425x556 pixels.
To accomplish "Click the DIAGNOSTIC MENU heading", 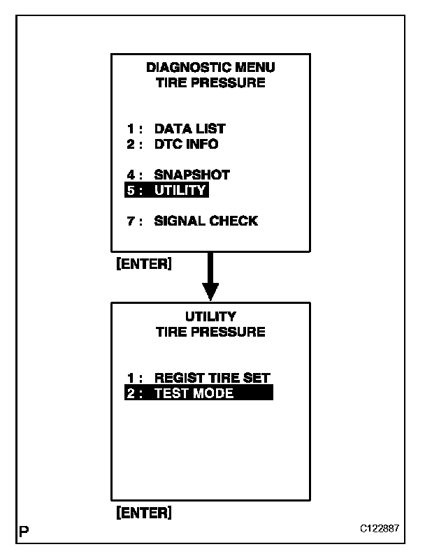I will pyautogui.click(x=210, y=68).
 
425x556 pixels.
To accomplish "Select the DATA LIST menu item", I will pyautogui.click(x=189, y=129).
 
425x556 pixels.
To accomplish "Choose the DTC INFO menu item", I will pyautogui.click(x=186, y=145).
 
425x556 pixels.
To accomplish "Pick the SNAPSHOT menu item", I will pyautogui.click(x=192, y=175).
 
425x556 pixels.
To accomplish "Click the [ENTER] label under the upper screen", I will pyautogui.click(x=143, y=265).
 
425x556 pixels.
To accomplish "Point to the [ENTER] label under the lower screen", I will pyautogui.click(x=143, y=513).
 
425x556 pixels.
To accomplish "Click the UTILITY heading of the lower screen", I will pyautogui.click(x=210, y=316).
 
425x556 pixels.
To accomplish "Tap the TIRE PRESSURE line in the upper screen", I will pyautogui.click(x=210, y=83).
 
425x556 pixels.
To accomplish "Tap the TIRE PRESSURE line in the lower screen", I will pyautogui.click(x=210, y=332).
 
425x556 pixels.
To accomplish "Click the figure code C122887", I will pyautogui.click(x=380, y=529).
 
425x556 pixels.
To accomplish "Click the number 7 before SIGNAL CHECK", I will pyautogui.click(x=131, y=221).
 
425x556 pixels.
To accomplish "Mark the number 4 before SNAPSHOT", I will pyautogui.click(x=131, y=175).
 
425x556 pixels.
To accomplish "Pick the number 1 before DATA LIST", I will pyautogui.click(x=131, y=129).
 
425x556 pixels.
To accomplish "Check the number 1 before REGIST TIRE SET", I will pyautogui.click(x=131, y=377).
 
